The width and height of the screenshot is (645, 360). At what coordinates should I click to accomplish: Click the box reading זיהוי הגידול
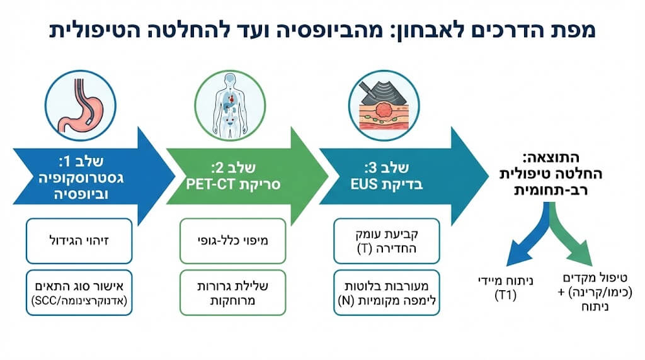79,240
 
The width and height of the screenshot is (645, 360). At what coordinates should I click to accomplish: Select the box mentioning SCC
79,292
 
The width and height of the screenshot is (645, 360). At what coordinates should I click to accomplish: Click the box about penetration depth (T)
384,240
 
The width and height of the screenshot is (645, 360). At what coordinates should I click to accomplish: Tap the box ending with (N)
384,292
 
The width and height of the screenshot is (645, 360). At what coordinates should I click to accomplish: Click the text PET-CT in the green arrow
207,185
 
